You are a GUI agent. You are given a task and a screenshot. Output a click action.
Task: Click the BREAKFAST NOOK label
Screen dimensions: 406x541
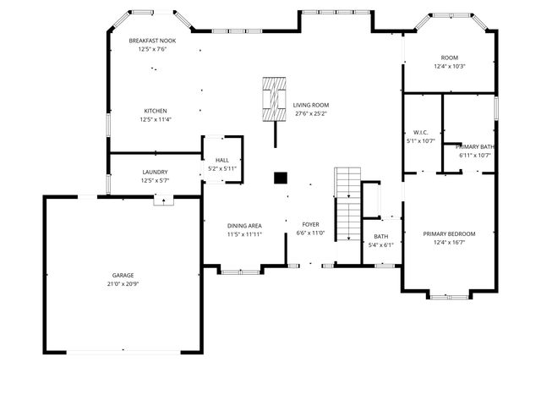pos(152,41)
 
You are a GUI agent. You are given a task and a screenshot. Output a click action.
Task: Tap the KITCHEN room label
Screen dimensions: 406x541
pos(155,111)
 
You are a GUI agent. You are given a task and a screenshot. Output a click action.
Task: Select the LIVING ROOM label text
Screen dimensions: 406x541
pos(311,105)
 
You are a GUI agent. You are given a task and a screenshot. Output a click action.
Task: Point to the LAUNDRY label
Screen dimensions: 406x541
pos(155,172)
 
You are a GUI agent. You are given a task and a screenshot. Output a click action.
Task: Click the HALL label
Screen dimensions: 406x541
pos(222,160)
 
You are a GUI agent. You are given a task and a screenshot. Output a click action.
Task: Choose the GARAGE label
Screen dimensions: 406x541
pos(123,275)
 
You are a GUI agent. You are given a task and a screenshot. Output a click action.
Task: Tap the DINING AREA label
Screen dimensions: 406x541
pos(244,225)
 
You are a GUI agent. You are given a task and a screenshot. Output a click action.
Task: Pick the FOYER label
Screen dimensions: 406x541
pos(310,225)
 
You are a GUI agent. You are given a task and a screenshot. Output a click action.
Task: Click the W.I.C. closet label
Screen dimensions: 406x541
pos(421,133)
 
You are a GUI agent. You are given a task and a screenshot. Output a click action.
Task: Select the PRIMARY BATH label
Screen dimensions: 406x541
pos(474,147)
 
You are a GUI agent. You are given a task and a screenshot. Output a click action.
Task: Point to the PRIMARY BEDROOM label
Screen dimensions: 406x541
pos(449,234)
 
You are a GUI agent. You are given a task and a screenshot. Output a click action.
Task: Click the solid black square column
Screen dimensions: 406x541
pos(281,178)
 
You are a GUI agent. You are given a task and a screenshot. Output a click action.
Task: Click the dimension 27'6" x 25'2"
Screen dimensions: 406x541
pos(311,113)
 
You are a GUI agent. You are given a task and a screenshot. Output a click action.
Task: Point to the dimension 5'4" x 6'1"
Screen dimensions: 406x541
pos(381,244)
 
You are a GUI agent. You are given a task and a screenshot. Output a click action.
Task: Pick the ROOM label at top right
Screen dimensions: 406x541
pos(449,58)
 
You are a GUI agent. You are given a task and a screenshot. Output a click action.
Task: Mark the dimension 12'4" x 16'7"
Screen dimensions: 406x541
pos(449,243)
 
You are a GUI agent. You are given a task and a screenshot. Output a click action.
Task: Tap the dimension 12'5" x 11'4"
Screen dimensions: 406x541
pos(155,119)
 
